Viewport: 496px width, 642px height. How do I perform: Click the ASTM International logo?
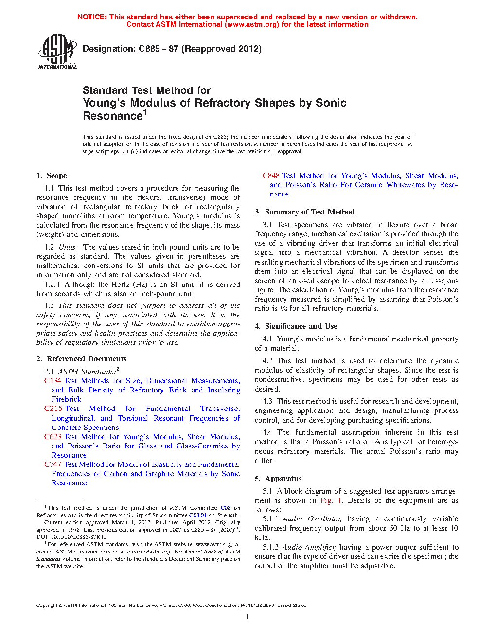pyautogui.click(x=57, y=51)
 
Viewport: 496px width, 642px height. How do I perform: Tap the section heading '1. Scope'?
pyautogui.click(x=52, y=176)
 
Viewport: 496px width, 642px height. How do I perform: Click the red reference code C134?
pyautogui.click(x=53, y=381)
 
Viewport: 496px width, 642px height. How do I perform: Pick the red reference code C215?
pyautogui.click(x=53, y=409)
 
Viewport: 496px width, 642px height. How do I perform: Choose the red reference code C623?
pyautogui.click(x=53, y=437)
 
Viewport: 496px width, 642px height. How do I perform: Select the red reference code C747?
pyautogui.click(x=53, y=464)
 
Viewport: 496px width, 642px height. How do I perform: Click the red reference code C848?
pyautogui.click(x=271, y=176)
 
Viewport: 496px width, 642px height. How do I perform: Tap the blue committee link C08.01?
pyautogui.click(x=197, y=515)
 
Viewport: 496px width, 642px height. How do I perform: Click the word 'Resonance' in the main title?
pyautogui.click(x=112, y=116)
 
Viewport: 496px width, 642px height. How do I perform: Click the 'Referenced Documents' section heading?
pyautogui.click(x=87, y=359)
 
